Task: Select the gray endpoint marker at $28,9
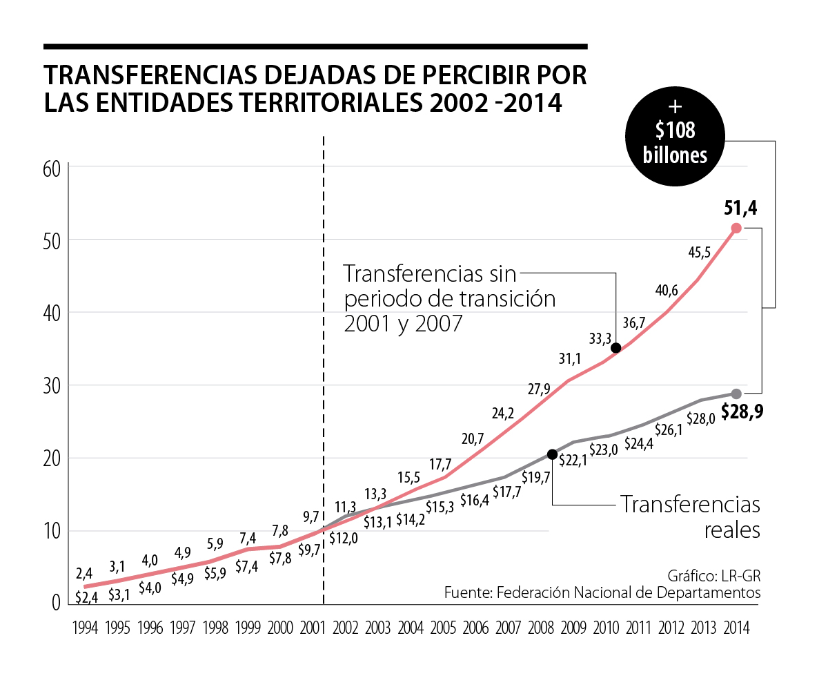736,394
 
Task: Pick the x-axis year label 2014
736,628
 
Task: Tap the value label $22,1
573,461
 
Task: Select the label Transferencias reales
690,516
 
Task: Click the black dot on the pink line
615,347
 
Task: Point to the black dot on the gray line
552,454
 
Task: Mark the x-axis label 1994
84,628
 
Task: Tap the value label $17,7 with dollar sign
508,493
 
